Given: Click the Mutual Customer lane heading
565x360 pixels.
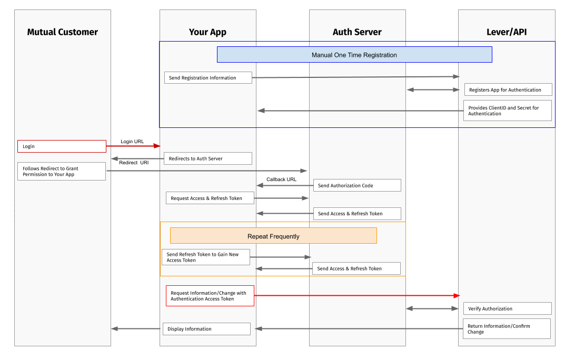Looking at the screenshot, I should click(x=62, y=32).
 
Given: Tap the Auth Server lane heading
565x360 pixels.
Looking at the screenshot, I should click(x=356, y=32).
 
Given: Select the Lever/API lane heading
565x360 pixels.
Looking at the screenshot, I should click(x=506, y=32).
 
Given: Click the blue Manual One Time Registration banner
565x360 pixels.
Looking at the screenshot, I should click(x=354, y=55).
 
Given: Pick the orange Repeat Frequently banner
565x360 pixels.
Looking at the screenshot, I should click(x=273, y=236).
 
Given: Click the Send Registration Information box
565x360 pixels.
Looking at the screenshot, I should click(x=208, y=78).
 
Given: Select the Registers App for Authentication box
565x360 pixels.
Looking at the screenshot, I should click(x=508, y=90).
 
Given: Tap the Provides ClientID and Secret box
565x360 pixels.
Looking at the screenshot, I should click(x=507, y=111).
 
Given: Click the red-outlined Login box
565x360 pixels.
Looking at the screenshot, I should click(x=62, y=146).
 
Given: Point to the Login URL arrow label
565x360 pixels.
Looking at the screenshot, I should click(x=132, y=141).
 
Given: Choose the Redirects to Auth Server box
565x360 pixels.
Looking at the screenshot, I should click(x=207, y=158).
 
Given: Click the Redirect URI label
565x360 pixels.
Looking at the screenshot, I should click(x=134, y=163).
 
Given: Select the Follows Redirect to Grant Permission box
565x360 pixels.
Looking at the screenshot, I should click(x=62, y=172).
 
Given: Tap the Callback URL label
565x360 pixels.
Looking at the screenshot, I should click(x=281, y=179).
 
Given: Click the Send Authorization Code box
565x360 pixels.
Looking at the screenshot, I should click(x=357, y=186).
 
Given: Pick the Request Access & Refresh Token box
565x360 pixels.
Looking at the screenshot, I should click(x=210, y=198).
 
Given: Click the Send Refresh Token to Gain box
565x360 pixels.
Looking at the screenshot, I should click(x=205, y=257).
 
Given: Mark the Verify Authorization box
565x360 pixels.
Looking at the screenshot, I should click(x=507, y=309).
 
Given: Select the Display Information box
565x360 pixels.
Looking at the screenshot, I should click(x=206, y=329).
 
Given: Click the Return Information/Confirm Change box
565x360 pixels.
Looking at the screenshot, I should click(x=506, y=329).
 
